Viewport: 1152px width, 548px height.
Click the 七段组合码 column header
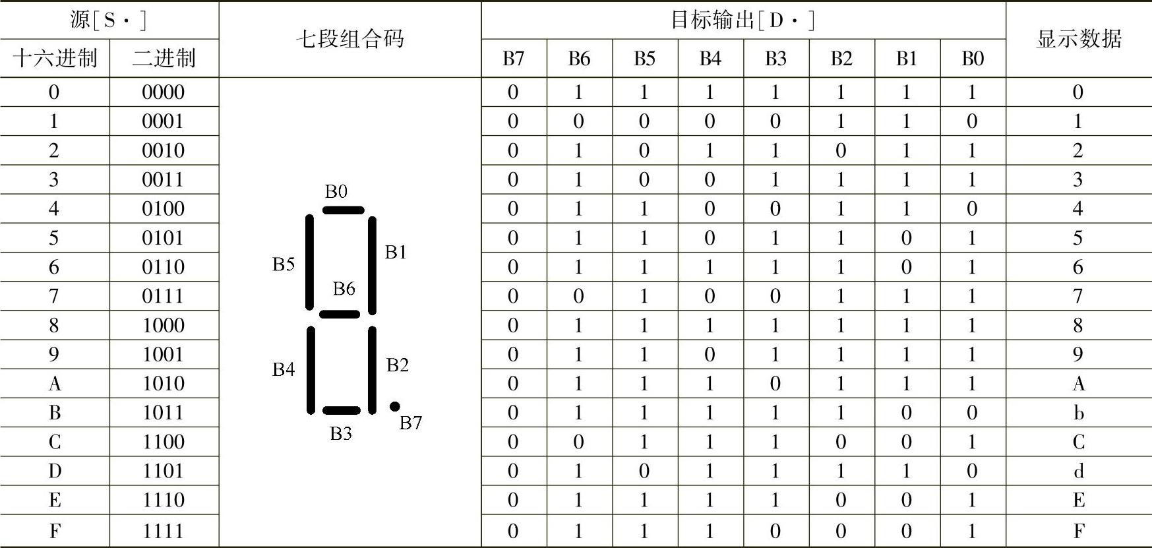pos(349,40)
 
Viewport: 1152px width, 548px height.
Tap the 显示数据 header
pos(1078,40)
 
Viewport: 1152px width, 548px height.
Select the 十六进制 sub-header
pos(55,59)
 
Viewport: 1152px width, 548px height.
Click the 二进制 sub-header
pos(164,59)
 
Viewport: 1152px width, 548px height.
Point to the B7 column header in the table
pos(513,59)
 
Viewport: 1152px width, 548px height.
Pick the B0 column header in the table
pos(972,59)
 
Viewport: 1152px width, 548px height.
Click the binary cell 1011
pos(164,413)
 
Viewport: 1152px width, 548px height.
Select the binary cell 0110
pos(164,267)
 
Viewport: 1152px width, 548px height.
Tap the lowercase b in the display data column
pos(1078,413)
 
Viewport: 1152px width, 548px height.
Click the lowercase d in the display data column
pos(1078,472)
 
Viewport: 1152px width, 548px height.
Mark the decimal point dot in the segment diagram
pos(394,406)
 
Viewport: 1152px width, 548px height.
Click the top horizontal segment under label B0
pos(343,210)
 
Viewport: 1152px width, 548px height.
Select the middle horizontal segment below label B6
pos(340,314)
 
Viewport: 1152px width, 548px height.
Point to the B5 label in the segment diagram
pos(284,264)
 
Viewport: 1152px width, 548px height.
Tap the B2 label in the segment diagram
pos(397,365)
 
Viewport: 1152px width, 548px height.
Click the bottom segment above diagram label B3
pos(342,411)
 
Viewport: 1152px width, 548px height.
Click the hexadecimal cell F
pos(55,531)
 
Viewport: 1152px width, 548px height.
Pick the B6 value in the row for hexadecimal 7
pos(578,297)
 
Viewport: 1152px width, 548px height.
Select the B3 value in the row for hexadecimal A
pos(775,384)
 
